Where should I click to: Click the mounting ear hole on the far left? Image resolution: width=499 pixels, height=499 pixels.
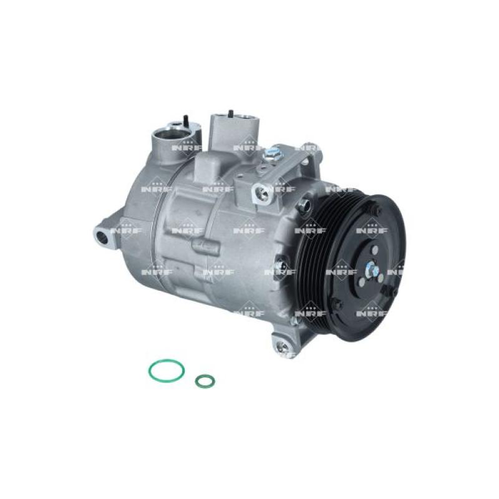click(102, 236)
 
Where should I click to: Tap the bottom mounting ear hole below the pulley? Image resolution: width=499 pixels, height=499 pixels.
click(281, 342)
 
